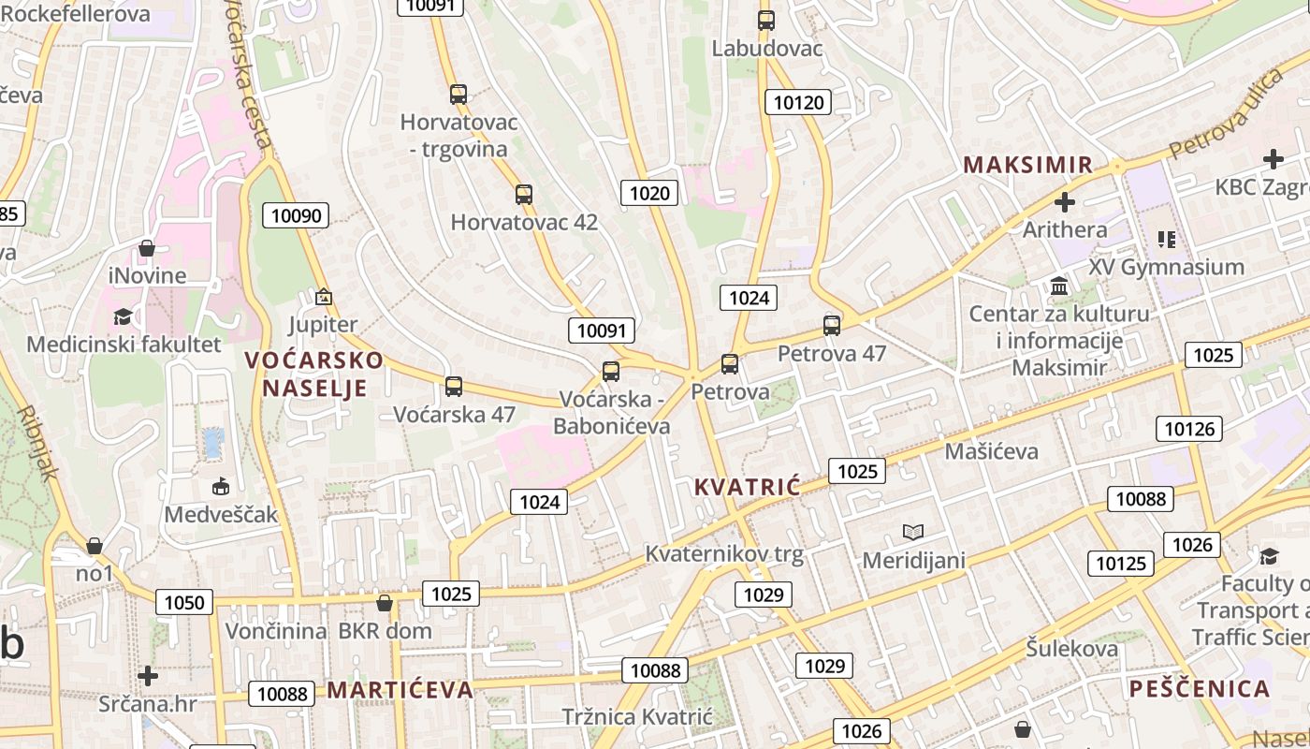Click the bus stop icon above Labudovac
[x=766, y=20]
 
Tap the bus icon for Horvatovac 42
[x=524, y=195]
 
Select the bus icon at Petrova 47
[x=832, y=326]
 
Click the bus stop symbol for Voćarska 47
[x=454, y=386]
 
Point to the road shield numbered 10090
[x=297, y=215]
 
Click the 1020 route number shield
[x=649, y=193]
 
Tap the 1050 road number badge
[x=184, y=602]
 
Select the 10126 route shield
[x=1189, y=429]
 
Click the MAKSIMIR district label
[x=1028, y=165]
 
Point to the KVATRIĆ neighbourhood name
[x=748, y=487]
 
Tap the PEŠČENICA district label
[x=1200, y=689]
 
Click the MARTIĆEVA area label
[x=400, y=690]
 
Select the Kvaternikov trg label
[x=724, y=554]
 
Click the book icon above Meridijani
[x=913, y=533]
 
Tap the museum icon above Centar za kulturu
[x=1059, y=286]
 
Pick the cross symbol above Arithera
[x=1064, y=201]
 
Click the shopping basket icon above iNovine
[x=147, y=248]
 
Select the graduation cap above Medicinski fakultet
[x=123, y=316]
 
